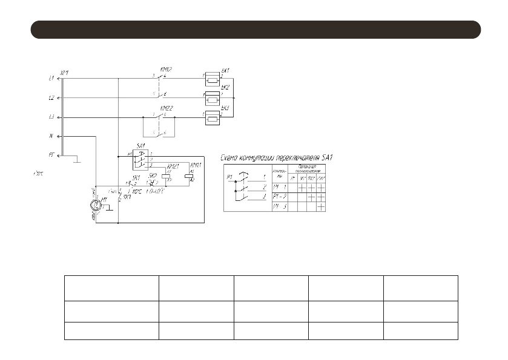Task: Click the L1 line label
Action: pyautogui.click(x=50, y=78)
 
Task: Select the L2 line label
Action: pyautogui.click(x=50, y=97)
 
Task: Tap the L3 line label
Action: pyautogui.click(x=50, y=117)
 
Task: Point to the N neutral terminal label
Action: pyautogui.click(x=51, y=136)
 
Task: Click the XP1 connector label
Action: pyautogui.click(x=65, y=72)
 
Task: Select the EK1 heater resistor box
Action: pyautogui.click(x=213, y=79)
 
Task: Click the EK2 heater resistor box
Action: pyautogui.click(x=213, y=98)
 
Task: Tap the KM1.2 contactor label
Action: pyautogui.click(x=163, y=71)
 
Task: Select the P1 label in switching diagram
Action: pyautogui.click(x=229, y=177)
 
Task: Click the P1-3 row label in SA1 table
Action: pyautogui.click(x=279, y=207)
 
